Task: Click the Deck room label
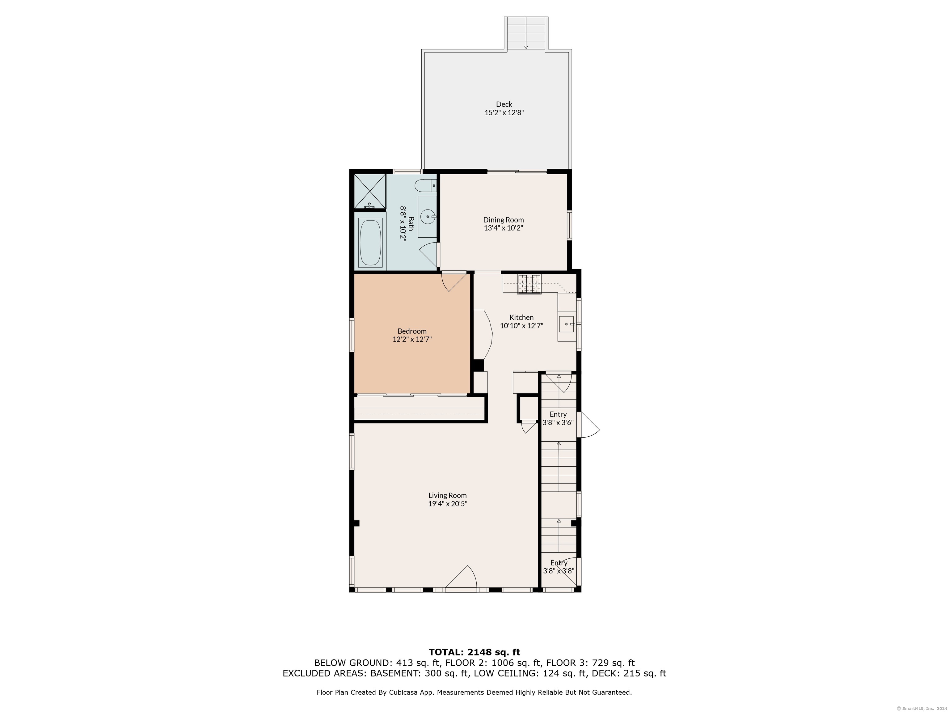point(504,104)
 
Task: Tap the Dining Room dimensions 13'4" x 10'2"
point(504,228)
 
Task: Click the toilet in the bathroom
point(426,186)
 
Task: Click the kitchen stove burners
point(529,284)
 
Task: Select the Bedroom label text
point(412,331)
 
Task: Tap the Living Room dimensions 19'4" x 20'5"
point(448,503)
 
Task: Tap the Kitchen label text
point(521,317)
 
